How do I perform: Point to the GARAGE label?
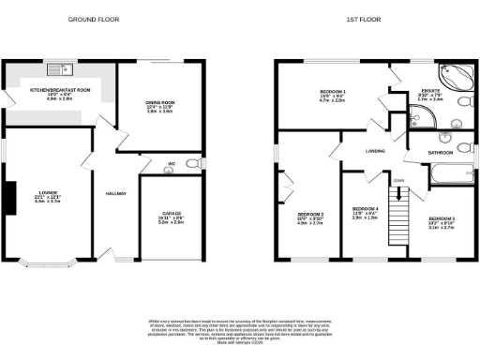pos(170,217)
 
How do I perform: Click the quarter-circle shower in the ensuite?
pos(419,117)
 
